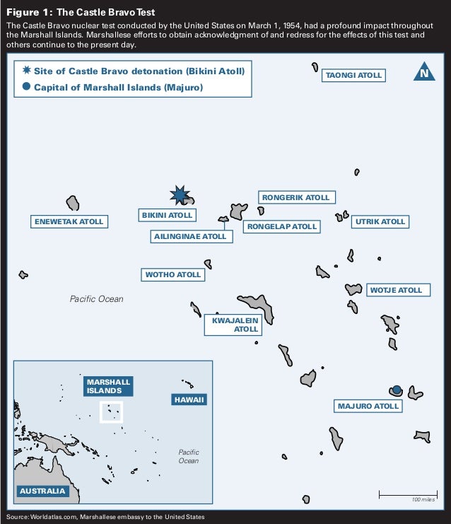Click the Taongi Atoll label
pos(353,75)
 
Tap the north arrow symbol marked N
pos(423,72)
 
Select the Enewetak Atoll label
pos(69,221)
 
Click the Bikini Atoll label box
pos(166,215)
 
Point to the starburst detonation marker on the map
pos(180,195)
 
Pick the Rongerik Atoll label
pos(295,197)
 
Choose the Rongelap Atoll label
pos(281,226)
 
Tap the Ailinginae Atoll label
pos(191,236)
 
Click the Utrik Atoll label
pos(380,221)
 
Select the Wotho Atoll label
pos(173,274)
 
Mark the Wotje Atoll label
pos(396,290)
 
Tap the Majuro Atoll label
pos(368,406)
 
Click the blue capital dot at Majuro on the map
pos(397,390)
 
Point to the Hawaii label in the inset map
pos(189,400)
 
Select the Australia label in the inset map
pos(42,491)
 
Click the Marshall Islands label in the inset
pos(104,386)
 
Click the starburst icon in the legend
pos(26,71)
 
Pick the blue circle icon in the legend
pos(26,87)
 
